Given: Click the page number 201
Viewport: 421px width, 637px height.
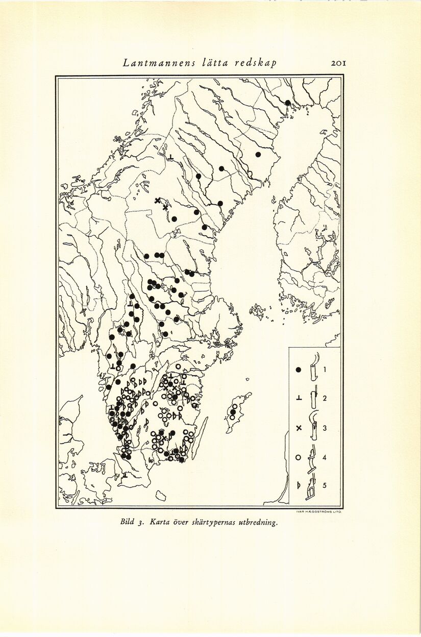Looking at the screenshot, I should [x=339, y=63].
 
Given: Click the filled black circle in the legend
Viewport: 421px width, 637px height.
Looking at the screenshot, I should [x=299, y=369].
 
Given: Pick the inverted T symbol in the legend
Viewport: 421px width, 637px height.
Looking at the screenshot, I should [x=299, y=399].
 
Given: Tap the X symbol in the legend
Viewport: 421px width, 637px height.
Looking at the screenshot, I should [x=299, y=428].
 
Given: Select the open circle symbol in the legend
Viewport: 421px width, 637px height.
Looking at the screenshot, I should [x=299, y=457].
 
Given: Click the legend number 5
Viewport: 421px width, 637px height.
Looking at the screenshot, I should [x=324, y=486].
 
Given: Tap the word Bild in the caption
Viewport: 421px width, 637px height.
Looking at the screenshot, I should [x=128, y=522].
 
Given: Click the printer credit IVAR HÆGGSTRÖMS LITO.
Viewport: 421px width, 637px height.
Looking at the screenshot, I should [x=318, y=511].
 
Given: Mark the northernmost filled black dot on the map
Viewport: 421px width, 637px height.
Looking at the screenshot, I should [x=288, y=103].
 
